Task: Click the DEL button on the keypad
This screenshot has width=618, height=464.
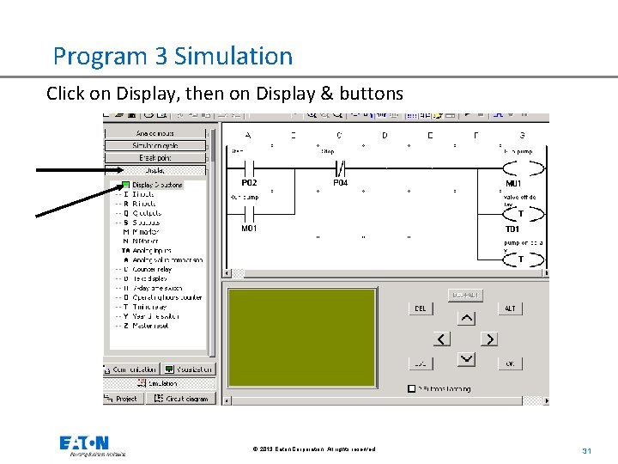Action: point(421,308)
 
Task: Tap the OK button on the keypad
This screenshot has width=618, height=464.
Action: point(510,363)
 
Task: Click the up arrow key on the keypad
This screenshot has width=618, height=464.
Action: point(465,318)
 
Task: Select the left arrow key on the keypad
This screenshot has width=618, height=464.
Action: point(443,339)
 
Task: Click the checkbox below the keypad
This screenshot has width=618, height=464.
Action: point(412,388)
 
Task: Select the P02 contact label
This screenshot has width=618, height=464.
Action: point(249,183)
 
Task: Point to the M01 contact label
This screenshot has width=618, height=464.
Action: point(249,229)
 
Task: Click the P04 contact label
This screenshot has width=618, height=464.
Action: point(341,183)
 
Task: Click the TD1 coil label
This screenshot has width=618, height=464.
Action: point(512,229)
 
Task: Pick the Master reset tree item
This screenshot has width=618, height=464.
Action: point(150,326)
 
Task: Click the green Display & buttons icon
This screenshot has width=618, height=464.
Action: point(125,185)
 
